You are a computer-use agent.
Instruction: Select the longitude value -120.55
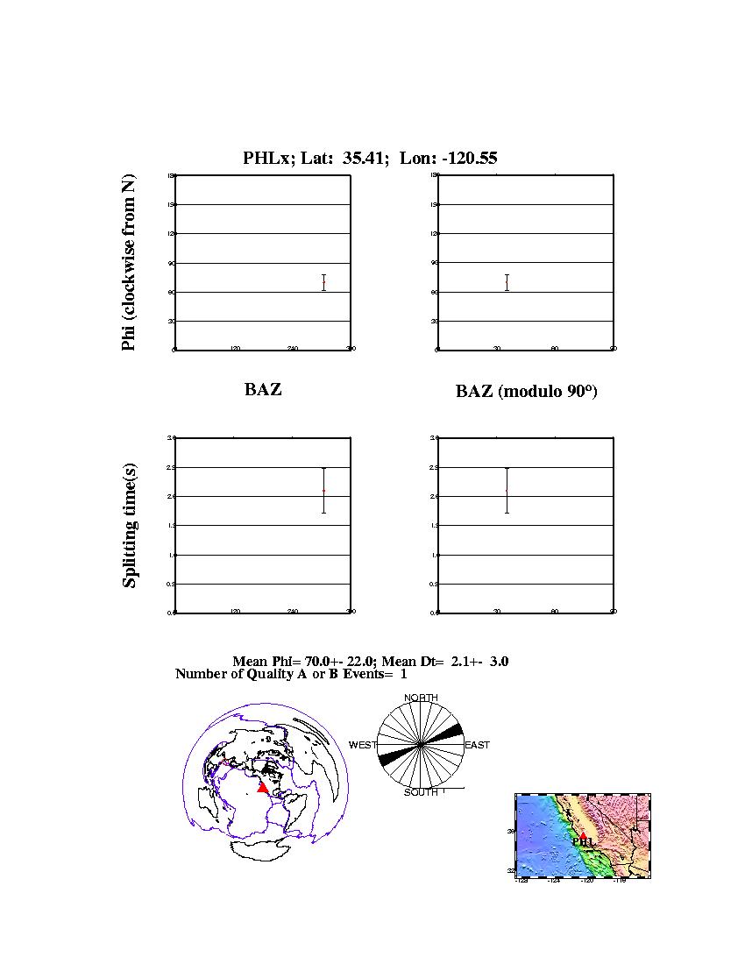tap(466, 159)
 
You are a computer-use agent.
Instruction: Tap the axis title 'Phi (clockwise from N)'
tap(129, 263)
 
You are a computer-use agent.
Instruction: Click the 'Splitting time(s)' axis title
tap(130, 524)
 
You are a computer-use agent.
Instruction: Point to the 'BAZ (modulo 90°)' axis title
tap(526, 392)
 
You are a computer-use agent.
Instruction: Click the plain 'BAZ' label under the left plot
tap(263, 390)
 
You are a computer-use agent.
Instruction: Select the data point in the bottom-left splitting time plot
tap(323, 491)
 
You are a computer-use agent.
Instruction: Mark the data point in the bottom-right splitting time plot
tap(507, 491)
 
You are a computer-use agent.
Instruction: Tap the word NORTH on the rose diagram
tap(421, 698)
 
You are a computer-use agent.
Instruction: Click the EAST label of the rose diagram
tap(477, 745)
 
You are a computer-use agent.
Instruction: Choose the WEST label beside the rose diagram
tap(363, 745)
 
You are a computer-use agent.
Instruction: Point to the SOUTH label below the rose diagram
tap(421, 792)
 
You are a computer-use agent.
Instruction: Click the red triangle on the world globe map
tap(262, 788)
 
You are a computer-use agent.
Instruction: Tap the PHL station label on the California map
tap(585, 841)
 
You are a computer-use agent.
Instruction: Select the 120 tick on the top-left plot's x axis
tap(235, 349)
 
